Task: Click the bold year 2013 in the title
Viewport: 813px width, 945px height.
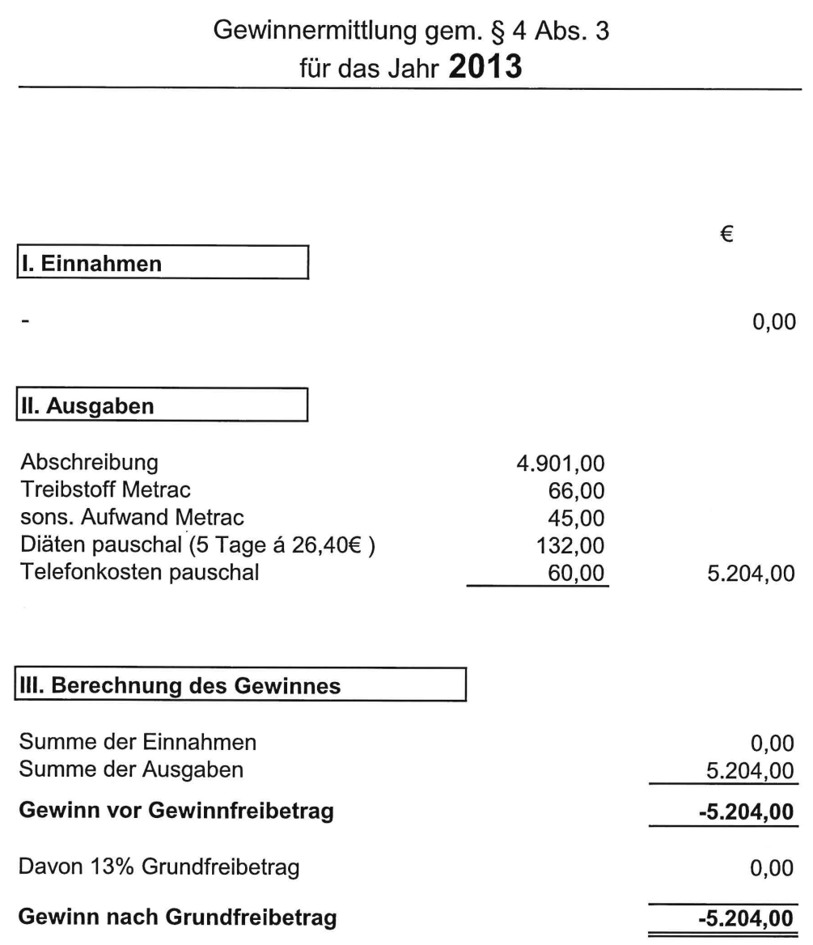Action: tap(484, 65)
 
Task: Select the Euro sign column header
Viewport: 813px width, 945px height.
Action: tap(726, 234)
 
